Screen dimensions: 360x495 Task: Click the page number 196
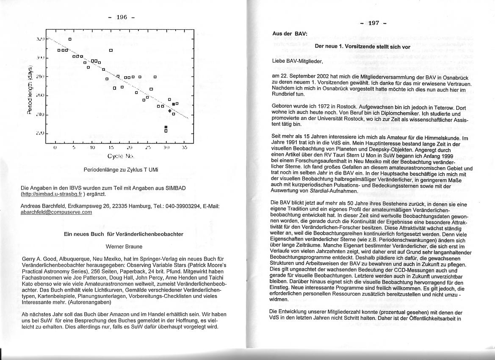point(121,17)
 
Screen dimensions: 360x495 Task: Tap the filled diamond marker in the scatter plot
point(170,111)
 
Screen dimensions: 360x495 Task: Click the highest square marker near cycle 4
point(70,39)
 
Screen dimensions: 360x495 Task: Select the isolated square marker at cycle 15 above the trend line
point(111,50)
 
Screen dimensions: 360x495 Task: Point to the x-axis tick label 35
point(184,148)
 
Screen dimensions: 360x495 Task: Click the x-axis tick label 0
point(55,148)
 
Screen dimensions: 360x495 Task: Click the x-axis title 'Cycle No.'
point(121,156)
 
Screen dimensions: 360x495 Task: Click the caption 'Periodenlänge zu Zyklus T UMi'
point(121,170)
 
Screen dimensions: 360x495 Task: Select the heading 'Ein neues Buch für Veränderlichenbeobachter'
point(124,234)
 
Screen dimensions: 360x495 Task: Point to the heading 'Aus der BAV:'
point(290,33)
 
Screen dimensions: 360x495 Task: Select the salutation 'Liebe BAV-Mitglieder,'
point(298,61)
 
